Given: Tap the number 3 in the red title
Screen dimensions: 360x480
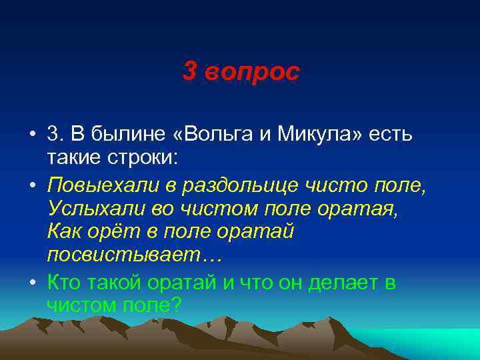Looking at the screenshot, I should tap(189, 73).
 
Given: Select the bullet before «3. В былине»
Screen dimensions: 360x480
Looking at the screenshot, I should tap(33, 135).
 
